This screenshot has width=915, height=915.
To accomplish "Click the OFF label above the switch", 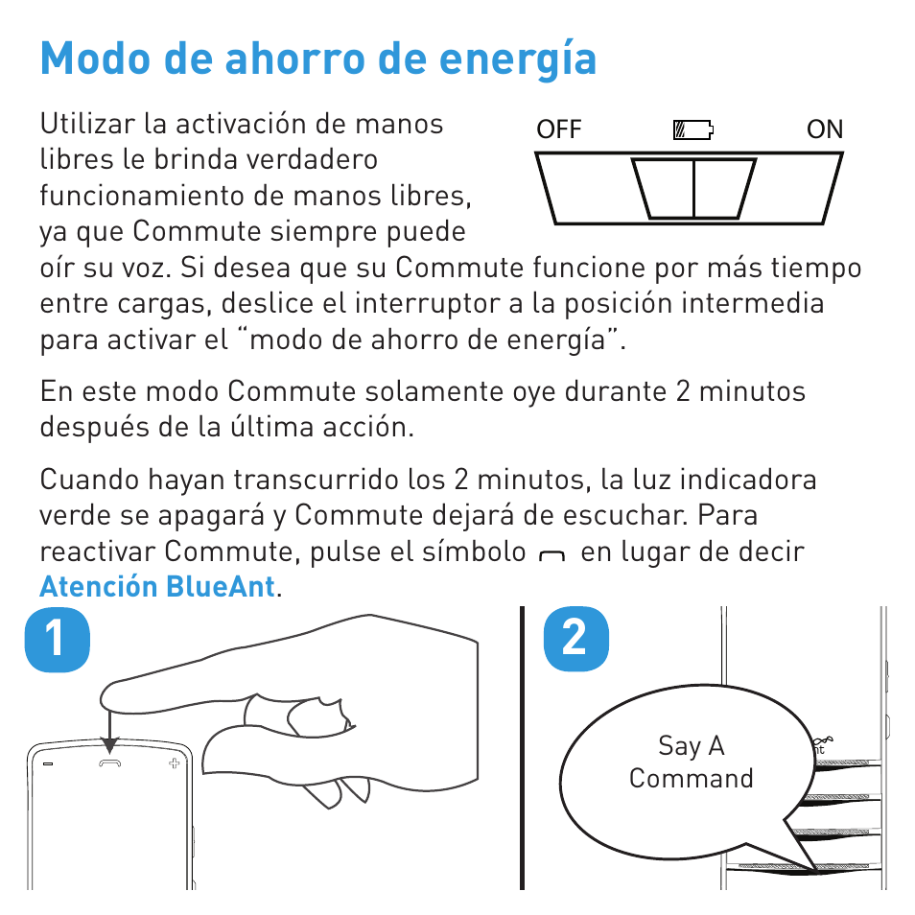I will tap(559, 129).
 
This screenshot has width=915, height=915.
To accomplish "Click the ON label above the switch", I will tap(825, 129).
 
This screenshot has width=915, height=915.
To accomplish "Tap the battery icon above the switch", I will tap(694, 130).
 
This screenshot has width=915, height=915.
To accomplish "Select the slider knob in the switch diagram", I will tap(693, 188).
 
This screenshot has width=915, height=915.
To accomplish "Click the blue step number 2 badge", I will tap(575, 639).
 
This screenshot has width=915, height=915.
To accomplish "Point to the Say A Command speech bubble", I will tap(691, 767).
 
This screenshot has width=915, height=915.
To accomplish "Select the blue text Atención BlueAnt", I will tap(157, 586).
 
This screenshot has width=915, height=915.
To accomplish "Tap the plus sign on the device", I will tap(174, 763).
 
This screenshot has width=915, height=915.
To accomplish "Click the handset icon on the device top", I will tap(110, 762).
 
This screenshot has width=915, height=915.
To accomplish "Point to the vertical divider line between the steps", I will tap(524, 748).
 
